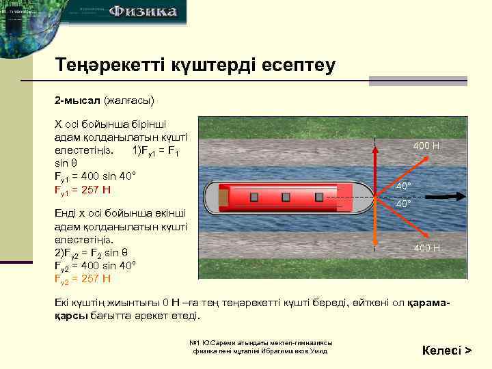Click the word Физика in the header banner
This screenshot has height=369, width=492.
pos(143,12)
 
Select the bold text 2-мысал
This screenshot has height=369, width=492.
pos(77,101)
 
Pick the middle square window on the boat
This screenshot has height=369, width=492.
pos(286,197)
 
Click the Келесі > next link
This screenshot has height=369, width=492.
pos(447,351)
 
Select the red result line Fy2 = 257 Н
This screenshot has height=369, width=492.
pos(83,278)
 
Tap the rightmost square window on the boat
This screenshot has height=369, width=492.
pos(318,197)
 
